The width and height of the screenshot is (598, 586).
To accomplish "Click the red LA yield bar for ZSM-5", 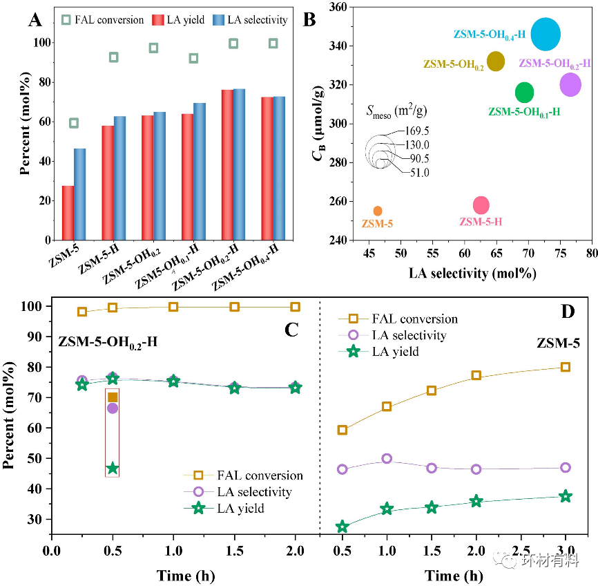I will (68, 213).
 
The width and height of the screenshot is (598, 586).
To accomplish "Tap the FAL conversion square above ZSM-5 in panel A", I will (74, 123).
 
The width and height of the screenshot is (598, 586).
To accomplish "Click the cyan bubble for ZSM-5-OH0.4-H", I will (546, 35).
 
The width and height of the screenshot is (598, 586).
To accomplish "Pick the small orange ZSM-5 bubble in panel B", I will (378, 211).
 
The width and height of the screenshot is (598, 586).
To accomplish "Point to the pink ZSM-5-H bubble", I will (481, 205).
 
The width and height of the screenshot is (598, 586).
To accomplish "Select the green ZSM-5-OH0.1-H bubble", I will (525, 92).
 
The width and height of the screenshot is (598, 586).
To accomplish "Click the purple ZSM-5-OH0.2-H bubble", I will (570, 84).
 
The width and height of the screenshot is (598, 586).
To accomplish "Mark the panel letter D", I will (568, 312).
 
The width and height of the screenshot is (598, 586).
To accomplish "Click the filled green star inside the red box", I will (113, 469).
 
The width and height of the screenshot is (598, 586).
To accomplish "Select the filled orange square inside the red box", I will (113, 397).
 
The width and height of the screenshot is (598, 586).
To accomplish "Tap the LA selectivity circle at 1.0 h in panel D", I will (387, 459).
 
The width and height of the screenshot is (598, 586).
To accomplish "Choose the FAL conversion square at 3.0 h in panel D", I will (566, 367).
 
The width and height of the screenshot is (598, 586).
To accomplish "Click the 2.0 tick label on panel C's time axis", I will (296, 554).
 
